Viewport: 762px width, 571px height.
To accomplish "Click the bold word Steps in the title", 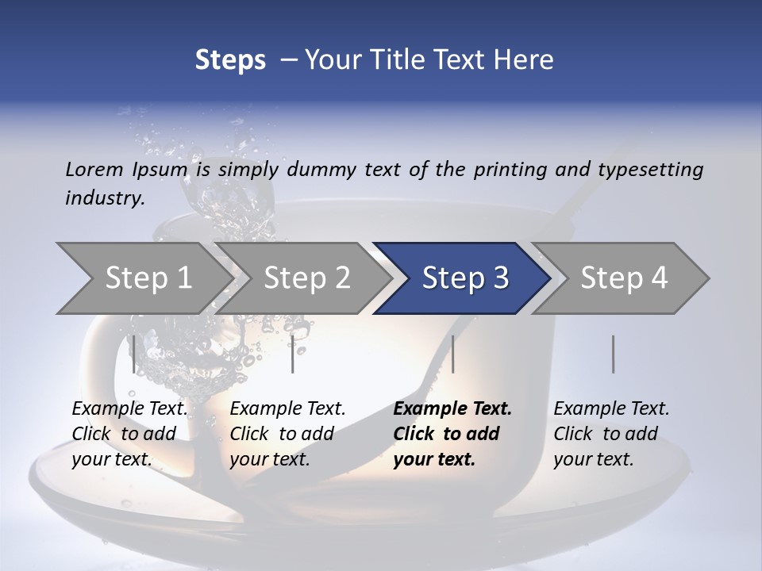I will pyautogui.click(x=230, y=60).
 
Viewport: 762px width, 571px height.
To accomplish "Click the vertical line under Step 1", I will pyautogui.click(x=133, y=354).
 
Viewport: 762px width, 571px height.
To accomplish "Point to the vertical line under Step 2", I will pyautogui.click(x=293, y=354).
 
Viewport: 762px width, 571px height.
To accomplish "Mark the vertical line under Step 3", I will pyautogui.click(x=452, y=354).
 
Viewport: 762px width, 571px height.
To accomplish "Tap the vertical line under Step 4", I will pyautogui.click(x=613, y=354).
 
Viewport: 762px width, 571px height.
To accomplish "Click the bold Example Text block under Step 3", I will pyautogui.click(x=452, y=434).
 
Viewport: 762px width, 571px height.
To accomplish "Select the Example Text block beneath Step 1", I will pyautogui.click(x=130, y=434).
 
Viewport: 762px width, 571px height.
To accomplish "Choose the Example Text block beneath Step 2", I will pyautogui.click(x=288, y=434).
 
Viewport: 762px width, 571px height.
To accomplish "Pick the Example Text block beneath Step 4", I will pyautogui.click(x=611, y=434).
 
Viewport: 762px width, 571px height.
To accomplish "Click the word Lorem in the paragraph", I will pyautogui.click(x=94, y=169).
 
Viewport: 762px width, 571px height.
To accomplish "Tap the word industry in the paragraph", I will pyautogui.click(x=105, y=197).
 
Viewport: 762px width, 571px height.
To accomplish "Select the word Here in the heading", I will pyautogui.click(x=527, y=60).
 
